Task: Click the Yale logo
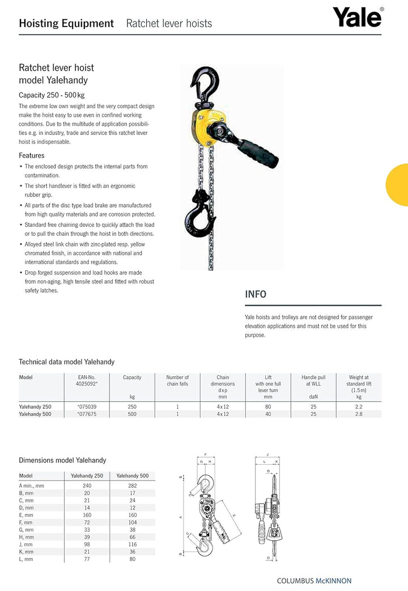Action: [357, 18]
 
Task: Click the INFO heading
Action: [256, 294]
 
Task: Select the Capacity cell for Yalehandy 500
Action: [132, 414]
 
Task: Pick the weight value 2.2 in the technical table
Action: [358, 406]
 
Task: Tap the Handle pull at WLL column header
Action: [313, 381]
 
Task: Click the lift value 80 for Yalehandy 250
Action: [268, 406]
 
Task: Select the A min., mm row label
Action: [32, 486]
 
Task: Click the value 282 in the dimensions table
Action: [132, 486]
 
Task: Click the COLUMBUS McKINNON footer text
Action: [314, 581]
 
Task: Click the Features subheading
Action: [32, 155]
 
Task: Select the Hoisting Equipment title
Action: [66, 23]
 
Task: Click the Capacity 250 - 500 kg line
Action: [52, 95]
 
